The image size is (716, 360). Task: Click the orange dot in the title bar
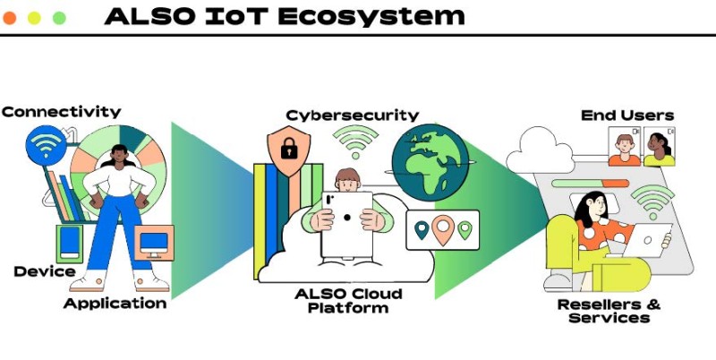10,18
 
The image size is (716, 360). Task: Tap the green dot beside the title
59,18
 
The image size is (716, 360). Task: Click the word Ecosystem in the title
371,17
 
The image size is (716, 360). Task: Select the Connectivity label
61,112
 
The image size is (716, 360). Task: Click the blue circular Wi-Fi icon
46,142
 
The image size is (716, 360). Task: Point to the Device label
45,271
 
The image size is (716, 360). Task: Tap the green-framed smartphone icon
70,244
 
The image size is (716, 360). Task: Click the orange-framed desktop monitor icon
154,243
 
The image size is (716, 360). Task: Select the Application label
115,304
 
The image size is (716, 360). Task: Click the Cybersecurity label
352,116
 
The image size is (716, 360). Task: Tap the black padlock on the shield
289,149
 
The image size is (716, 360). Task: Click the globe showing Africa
430,162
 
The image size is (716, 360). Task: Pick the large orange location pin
443,229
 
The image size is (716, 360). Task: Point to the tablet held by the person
347,224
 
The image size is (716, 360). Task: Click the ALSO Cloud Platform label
348,300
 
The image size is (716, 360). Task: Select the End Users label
627,116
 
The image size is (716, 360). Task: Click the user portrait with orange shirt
624,146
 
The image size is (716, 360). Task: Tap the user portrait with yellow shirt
660,146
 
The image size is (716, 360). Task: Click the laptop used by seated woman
647,240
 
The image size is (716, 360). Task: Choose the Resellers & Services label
609,311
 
